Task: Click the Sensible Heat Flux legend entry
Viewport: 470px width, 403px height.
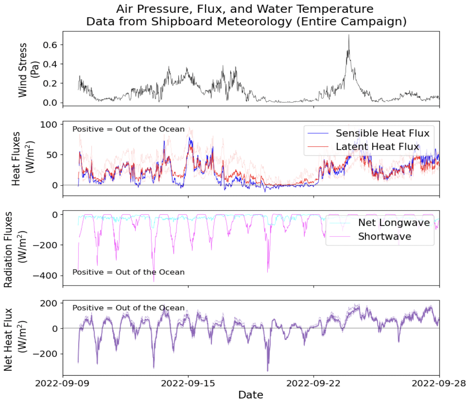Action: point(382,133)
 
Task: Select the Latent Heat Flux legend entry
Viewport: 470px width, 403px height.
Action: point(377,147)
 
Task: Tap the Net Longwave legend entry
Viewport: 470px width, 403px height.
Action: point(394,223)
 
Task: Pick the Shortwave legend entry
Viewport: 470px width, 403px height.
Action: point(384,237)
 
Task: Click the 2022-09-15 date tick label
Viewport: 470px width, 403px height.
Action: point(188,383)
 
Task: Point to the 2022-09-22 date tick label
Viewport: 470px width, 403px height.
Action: point(313,383)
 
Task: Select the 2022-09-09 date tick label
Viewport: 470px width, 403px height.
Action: point(62,383)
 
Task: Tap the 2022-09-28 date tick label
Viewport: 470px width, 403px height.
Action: point(438,383)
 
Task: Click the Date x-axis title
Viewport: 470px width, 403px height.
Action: point(251,395)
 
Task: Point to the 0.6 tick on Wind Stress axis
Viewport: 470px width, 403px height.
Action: point(50,45)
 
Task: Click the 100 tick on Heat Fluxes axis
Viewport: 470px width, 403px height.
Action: point(49,125)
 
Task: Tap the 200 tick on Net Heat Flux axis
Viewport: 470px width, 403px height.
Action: point(49,303)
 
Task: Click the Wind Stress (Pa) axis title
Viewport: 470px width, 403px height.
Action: point(28,70)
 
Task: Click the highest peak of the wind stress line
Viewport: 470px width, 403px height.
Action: point(349,35)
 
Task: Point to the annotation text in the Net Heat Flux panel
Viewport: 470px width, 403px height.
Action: point(128,308)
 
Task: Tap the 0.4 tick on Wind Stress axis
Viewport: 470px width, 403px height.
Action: point(50,64)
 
